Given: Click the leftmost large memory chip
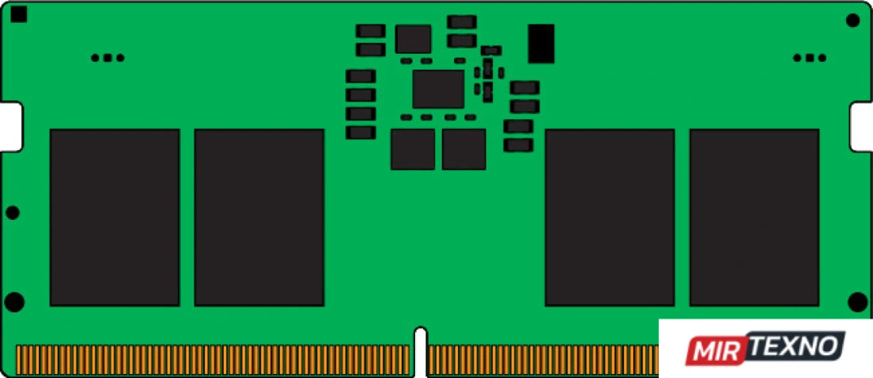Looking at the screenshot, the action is (x=115, y=218).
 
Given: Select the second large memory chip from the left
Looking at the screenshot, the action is (x=259, y=218).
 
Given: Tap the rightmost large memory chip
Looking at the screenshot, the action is (x=755, y=218).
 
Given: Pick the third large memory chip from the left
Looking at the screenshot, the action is (x=610, y=218).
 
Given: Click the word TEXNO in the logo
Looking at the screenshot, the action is (x=795, y=345).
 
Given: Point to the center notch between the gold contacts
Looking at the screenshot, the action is (x=421, y=352).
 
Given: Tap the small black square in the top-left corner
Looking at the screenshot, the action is (x=18, y=14).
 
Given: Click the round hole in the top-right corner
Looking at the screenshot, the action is (x=852, y=21).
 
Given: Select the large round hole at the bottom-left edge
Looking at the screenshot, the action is (x=14, y=302).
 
